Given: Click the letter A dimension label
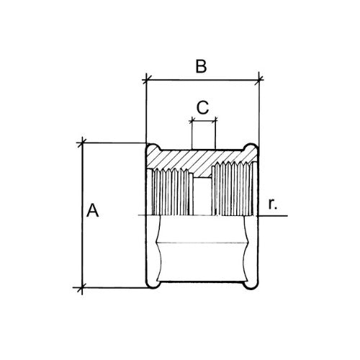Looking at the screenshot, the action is coord(92,210).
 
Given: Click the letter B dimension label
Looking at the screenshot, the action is coord(201,66).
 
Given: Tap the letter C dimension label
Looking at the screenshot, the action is coord(202,107).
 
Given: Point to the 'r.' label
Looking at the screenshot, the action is coord(273,204).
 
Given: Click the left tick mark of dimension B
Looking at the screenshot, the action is coord(146,79).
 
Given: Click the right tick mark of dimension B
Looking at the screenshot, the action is coord(258,80).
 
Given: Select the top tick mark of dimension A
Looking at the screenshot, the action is coord(82,143).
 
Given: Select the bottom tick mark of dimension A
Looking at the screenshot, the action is coord(82,287).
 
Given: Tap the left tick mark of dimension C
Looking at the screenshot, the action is coord(192,121).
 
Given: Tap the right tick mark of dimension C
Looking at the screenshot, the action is coord(215,121).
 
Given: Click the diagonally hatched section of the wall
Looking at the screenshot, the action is coord(199,161).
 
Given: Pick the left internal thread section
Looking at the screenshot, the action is coord(171,192).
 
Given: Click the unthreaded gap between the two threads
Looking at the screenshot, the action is coord(202,197).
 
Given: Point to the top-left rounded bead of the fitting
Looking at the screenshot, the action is coord(153,148).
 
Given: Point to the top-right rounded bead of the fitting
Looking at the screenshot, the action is coord(251,148).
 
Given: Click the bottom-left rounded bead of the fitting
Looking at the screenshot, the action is coord(153,284).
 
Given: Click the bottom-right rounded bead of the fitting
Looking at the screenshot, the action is coord(251,284).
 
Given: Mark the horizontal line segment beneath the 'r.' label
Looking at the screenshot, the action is coord(273,216).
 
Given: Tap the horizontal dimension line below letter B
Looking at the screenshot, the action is coord(202,80).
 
